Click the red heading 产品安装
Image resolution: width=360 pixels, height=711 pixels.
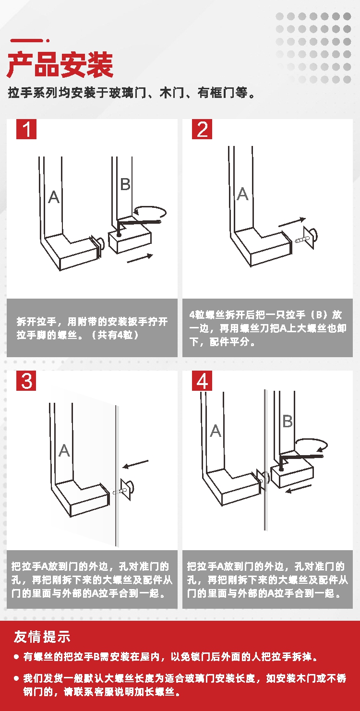click(x=60, y=65)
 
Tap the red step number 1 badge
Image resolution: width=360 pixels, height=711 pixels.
click(x=26, y=129)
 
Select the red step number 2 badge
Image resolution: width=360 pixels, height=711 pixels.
click(x=202, y=129)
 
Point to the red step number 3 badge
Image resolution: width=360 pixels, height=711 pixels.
click(x=26, y=381)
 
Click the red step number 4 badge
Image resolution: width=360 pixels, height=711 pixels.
click(x=202, y=381)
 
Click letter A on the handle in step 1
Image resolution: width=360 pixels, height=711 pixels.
click(x=54, y=197)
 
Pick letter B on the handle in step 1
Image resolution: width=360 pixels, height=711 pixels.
click(x=125, y=184)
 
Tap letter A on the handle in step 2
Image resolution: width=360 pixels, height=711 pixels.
click(x=242, y=193)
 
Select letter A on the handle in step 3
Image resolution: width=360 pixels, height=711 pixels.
click(x=64, y=450)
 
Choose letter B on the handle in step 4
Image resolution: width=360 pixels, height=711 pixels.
click(x=288, y=421)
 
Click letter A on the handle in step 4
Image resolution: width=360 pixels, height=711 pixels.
click(x=216, y=431)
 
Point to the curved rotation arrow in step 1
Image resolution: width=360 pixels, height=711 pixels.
click(x=150, y=207)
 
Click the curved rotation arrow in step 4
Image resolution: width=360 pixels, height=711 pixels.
click(x=312, y=439)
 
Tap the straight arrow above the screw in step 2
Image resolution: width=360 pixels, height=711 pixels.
click(x=292, y=222)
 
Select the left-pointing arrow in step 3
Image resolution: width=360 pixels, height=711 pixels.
click(x=135, y=464)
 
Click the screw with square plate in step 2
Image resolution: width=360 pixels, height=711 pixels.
click(x=307, y=238)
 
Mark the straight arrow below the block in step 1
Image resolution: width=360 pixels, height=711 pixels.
click(x=140, y=258)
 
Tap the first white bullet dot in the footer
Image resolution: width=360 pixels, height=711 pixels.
click(x=16, y=656)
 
